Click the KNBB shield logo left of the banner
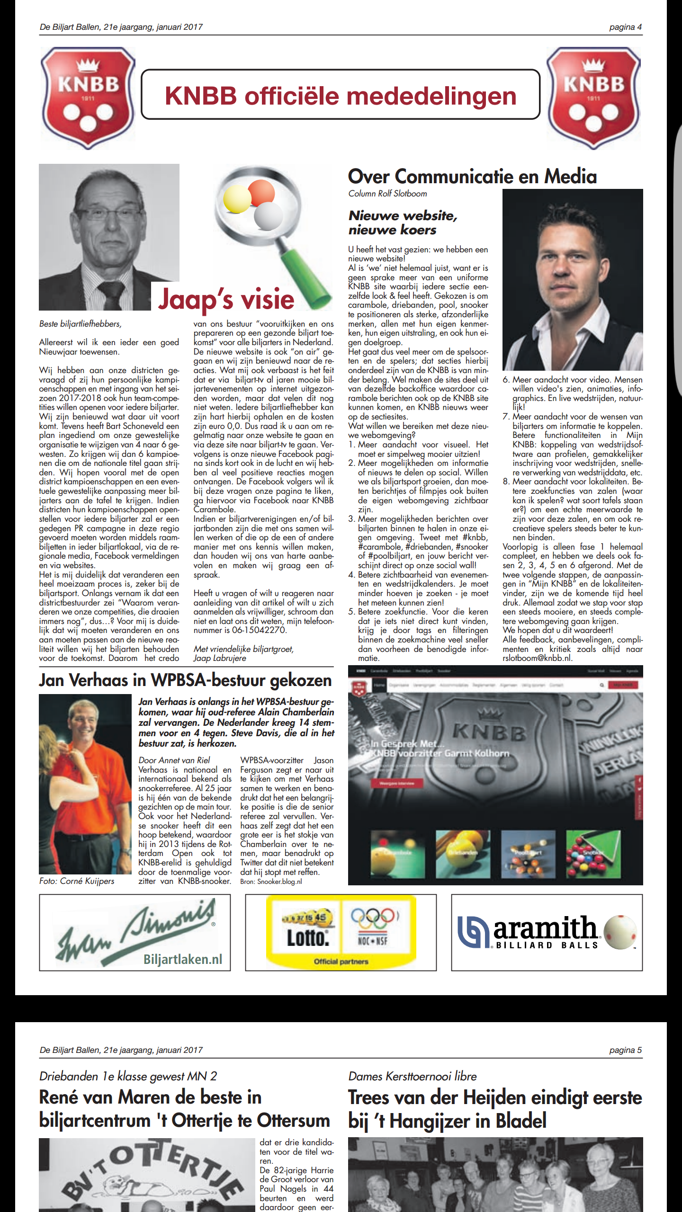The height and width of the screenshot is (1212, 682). pos(88,98)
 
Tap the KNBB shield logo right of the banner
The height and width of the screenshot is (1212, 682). pos(593,98)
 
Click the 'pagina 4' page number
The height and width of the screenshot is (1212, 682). pos(625,27)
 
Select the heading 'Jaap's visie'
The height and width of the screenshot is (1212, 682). pos(226,299)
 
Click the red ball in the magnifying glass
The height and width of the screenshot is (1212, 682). pos(261,191)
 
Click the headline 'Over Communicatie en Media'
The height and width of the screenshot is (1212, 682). pos(472,177)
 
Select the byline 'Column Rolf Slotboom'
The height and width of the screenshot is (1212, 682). pos(387,194)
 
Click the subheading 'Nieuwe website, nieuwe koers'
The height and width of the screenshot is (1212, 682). pos(403,223)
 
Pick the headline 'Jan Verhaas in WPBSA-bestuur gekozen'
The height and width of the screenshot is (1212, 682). pos(185,680)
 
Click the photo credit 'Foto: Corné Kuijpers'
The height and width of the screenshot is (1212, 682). pos(77,881)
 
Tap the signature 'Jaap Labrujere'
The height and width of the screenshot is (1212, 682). pos(220,658)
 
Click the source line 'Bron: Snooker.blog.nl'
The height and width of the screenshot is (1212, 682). pos(271,882)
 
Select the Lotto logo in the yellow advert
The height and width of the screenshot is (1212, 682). pos(308,937)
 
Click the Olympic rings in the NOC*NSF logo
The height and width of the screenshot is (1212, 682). pos(373,918)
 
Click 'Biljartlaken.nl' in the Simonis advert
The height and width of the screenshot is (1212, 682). pos(183,960)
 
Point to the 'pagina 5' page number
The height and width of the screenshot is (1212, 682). pos(625,1050)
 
